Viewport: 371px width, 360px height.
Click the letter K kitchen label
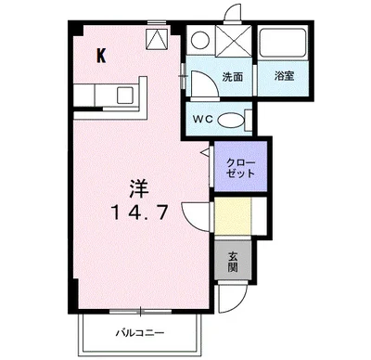101,54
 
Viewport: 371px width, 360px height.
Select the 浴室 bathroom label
284,77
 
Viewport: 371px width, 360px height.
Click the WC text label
204,119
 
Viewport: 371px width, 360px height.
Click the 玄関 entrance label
234,262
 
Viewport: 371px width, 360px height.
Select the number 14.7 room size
138,212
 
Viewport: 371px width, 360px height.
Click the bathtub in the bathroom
284,45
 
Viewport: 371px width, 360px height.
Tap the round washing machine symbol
198,41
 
